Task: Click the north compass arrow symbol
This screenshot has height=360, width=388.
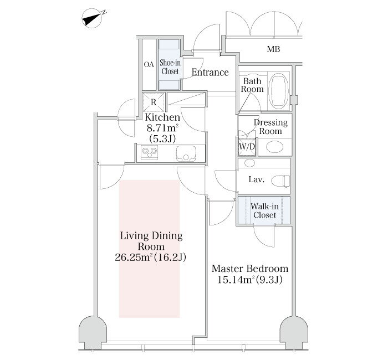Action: [x=93, y=18]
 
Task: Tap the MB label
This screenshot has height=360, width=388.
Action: [x=273, y=49]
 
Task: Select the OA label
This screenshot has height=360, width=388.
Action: [x=149, y=65]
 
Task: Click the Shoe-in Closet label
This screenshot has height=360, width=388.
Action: [x=170, y=67]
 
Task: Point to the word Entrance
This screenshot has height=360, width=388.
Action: [x=210, y=73]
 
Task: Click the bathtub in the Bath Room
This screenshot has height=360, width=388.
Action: [x=279, y=91]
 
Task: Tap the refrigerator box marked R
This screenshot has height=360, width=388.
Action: [x=154, y=102]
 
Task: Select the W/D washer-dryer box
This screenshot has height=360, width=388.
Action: [x=247, y=147]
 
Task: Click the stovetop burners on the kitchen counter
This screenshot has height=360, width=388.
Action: [x=150, y=152]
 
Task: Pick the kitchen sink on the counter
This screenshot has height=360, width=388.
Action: [x=186, y=153]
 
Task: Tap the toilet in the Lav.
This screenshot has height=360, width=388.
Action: [x=280, y=181]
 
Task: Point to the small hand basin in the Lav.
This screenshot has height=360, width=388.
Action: [x=249, y=163]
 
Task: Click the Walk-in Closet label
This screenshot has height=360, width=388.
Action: [x=264, y=210]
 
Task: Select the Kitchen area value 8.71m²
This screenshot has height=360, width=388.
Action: [x=163, y=128]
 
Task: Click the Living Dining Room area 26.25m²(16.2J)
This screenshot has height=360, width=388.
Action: [x=150, y=258]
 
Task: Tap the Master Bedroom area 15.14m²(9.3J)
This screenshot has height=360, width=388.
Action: [x=250, y=280]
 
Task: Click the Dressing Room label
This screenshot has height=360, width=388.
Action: [x=270, y=127]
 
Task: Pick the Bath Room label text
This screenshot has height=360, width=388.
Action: [x=252, y=85]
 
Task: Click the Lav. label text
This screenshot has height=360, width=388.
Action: [x=257, y=179]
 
